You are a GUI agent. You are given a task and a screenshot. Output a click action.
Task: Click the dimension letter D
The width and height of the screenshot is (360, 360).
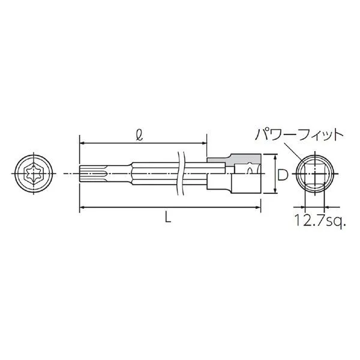tap(282, 175)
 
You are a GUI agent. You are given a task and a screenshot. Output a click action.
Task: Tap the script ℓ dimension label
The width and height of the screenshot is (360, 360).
tap(140, 136)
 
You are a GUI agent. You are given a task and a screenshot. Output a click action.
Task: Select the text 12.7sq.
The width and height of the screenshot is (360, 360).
tap(320, 220)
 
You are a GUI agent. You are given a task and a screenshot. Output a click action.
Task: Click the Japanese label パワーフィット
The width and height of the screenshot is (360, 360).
tap(299, 135)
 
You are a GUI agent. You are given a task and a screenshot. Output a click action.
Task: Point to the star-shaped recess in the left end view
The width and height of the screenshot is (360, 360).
tap(34, 173)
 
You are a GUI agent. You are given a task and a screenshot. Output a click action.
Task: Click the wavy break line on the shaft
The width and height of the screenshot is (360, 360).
tap(181, 173)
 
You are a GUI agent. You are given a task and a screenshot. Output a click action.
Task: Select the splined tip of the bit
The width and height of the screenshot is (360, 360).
tap(93, 173)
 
